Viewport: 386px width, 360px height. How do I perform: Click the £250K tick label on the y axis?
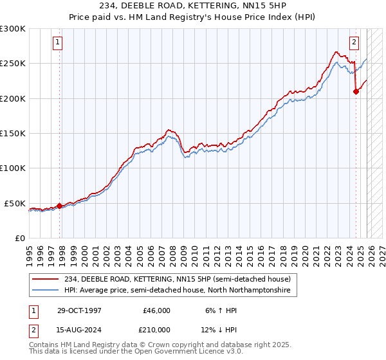[x=13, y=64]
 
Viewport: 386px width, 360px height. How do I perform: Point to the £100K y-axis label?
[x=13, y=168]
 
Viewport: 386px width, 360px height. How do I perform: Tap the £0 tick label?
[x=19, y=238]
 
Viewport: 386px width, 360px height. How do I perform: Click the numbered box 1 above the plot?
[x=58, y=43]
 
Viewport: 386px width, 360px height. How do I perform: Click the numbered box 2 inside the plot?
[x=354, y=43]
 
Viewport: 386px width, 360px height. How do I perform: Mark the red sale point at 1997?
[x=60, y=206]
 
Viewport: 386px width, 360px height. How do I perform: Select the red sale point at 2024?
[x=356, y=92]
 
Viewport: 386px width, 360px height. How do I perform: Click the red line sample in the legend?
[x=46, y=279]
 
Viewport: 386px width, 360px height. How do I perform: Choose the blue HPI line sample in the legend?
[x=46, y=291]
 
